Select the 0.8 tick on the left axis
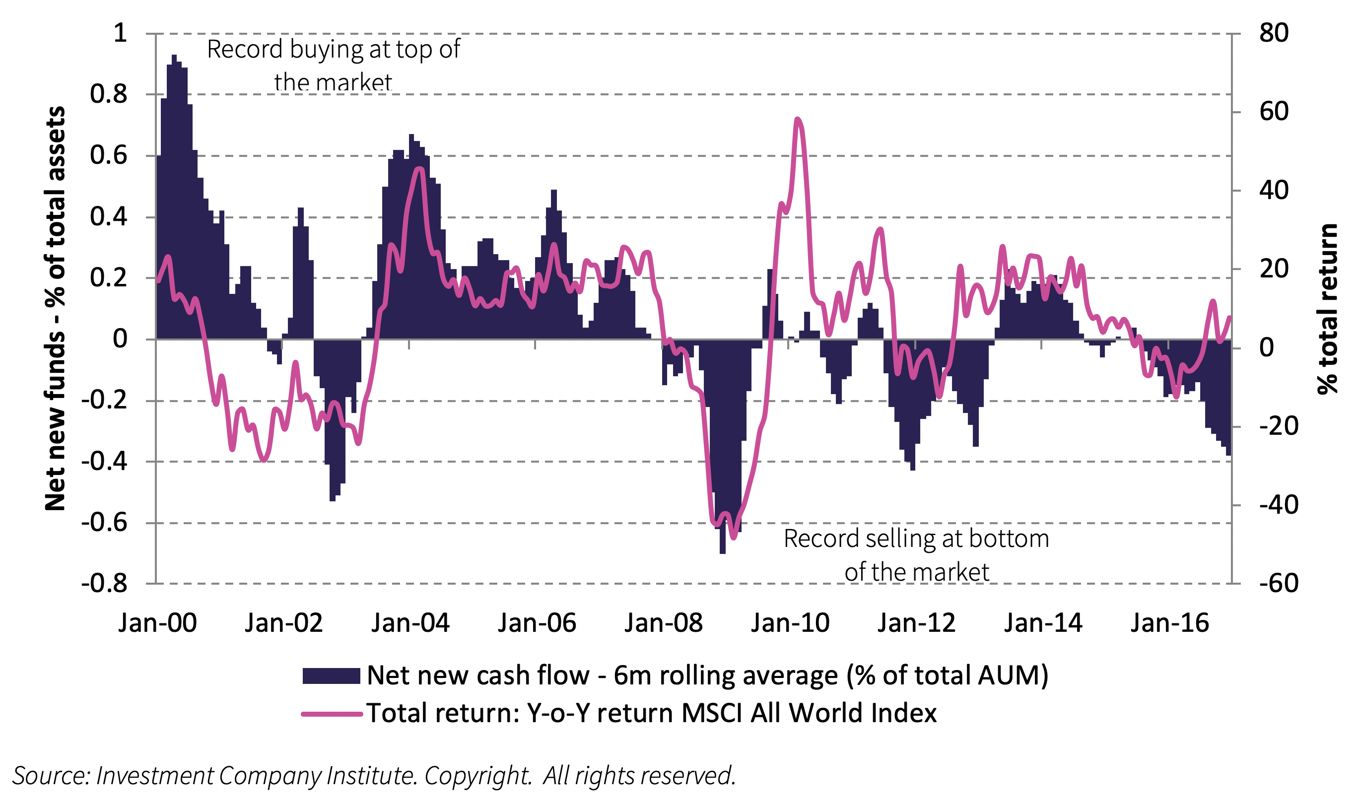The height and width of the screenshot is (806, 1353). click(x=109, y=94)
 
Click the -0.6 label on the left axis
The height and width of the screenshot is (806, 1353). click(x=104, y=523)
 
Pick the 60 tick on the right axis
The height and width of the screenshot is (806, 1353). click(x=1274, y=112)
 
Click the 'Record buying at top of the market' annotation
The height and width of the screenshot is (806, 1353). click(x=334, y=65)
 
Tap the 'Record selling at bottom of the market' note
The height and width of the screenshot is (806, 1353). click(x=916, y=555)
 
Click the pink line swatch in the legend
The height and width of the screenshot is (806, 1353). click(x=332, y=714)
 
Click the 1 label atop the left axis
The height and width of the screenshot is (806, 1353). click(x=120, y=33)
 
